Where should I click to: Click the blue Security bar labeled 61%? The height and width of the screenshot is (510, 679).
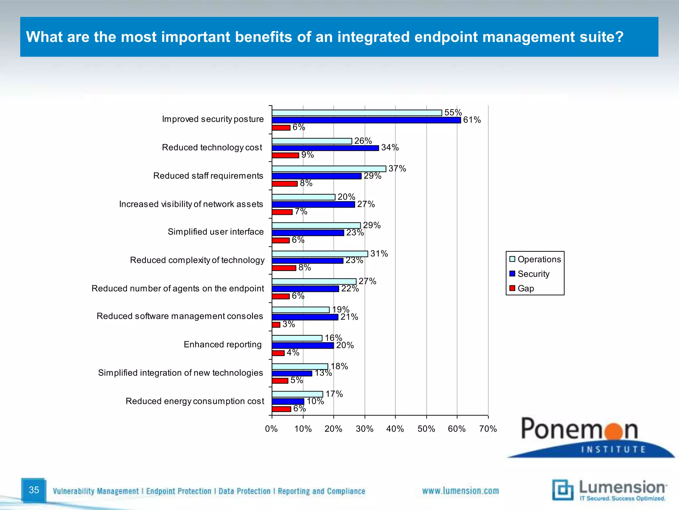coord(366,120)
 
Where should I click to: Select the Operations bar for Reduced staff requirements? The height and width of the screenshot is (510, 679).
coord(329,169)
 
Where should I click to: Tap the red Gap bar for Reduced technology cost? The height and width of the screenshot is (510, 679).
coord(285,155)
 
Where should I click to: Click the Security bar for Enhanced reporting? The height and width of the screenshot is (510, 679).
coord(303,346)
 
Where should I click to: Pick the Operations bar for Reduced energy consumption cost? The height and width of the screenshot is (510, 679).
coord(297,394)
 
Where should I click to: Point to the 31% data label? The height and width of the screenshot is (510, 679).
coord(379,254)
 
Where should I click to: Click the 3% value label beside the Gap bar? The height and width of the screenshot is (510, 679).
coord(288,324)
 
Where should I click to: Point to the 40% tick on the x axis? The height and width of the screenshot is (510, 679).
coord(395,429)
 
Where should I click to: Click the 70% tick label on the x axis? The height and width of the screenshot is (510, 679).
coord(488,429)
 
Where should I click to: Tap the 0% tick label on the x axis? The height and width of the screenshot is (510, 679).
coord(271,429)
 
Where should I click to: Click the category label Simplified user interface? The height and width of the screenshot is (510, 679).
coord(216,232)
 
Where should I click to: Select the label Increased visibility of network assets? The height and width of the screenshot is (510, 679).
coord(191,204)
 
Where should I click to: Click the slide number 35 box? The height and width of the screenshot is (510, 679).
coord(34,490)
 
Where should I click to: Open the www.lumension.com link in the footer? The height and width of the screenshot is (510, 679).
coord(460,491)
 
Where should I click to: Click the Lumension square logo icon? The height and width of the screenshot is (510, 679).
coord(563,490)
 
